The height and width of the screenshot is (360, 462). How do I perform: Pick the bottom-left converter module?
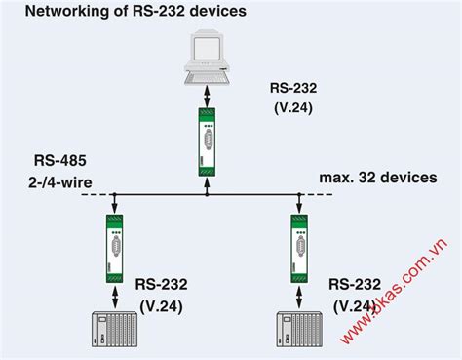114,244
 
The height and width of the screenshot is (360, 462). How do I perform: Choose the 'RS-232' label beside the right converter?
354,285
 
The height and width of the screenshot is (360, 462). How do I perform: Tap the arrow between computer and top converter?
208,97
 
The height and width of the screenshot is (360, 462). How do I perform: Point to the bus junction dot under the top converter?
208,194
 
